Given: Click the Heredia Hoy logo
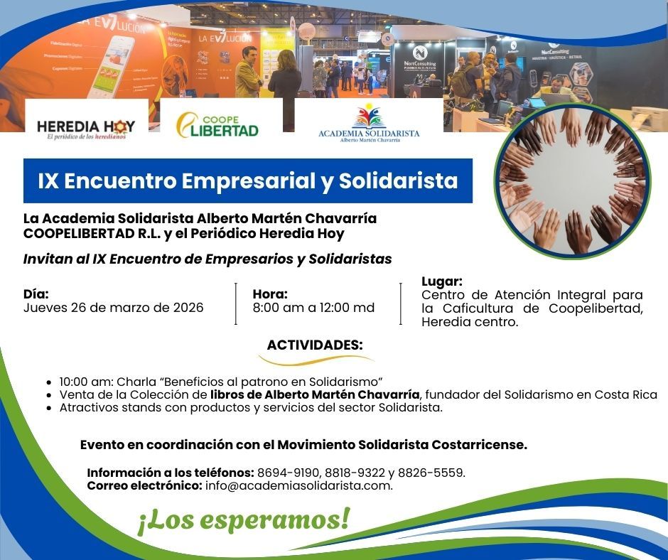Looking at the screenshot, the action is click(x=85, y=129).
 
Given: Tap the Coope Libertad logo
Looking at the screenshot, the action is click(x=217, y=125).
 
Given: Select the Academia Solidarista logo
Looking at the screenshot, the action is click(x=369, y=124).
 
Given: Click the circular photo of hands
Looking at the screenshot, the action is click(x=573, y=181).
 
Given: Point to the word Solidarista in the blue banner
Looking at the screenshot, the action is click(x=399, y=181).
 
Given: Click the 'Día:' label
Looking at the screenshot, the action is click(x=36, y=294).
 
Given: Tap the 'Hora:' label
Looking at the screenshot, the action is click(x=270, y=294).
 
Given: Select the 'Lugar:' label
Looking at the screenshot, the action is click(x=442, y=281).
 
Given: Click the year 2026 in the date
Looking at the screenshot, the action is click(x=188, y=308).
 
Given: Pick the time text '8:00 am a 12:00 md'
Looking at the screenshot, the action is click(x=313, y=308).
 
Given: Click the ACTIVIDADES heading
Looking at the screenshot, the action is click(x=315, y=345).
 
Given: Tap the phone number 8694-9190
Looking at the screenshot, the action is click(x=289, y=473).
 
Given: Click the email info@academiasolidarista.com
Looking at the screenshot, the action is click(x=298, y=485).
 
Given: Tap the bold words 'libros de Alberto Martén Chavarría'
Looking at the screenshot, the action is click(x=315, y=394).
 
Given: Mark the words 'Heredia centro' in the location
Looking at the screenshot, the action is click(x=468, y=322).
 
